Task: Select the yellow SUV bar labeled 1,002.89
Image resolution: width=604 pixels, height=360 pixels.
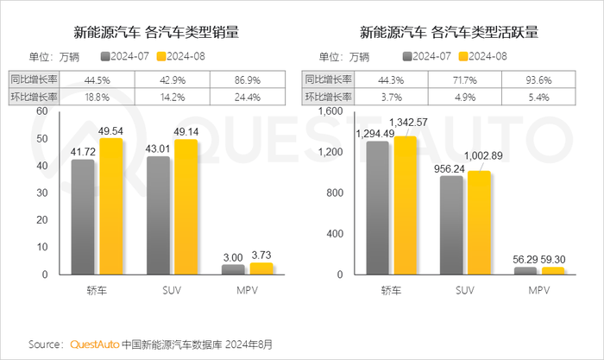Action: (x=480, y=222)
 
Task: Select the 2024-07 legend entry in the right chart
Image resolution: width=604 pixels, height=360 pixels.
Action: (x=428, y=57)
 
